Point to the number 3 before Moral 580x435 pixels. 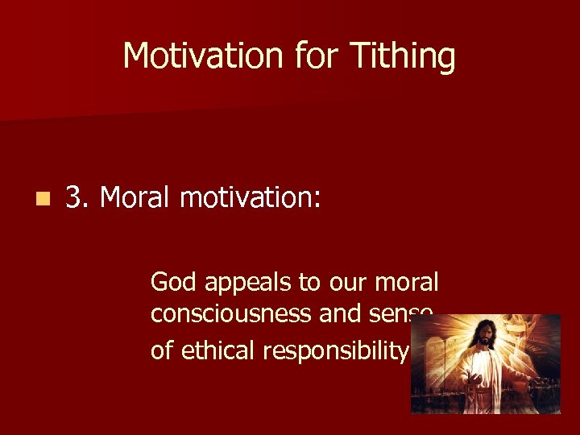tap(74, 197)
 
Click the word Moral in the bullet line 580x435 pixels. tap(135, 197)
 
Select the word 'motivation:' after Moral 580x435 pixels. tap(251, 197)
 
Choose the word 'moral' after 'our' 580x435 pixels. tap(408, 282)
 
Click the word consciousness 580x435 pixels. tap(231, 314)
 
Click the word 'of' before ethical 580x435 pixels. tap(161, 350)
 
